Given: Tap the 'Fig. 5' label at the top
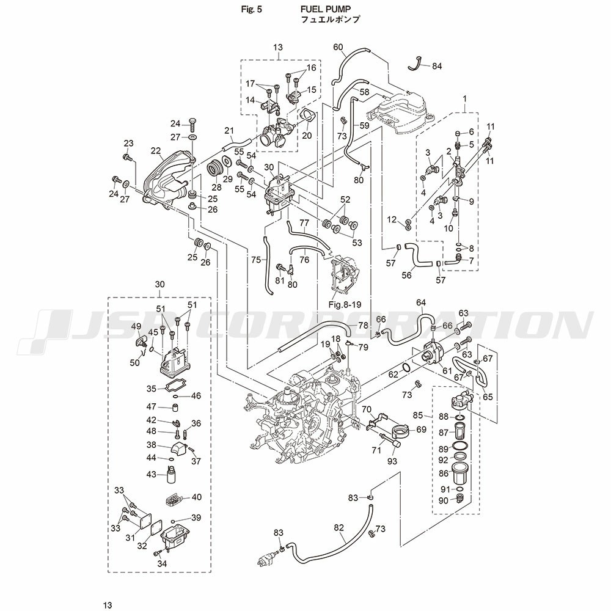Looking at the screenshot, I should click(252, 10).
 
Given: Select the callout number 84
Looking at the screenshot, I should click(437, 65).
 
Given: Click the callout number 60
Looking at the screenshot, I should click(338, 47).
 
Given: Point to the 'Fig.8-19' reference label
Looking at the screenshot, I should click(346, 304).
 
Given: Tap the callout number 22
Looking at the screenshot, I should click(156, 151).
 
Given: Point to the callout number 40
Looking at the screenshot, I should click(197, 497).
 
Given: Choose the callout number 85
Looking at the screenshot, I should click(418, 415).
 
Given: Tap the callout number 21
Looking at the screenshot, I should click(229, 130).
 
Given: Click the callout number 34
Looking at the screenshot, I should click(162, 564).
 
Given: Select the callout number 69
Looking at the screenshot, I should click(422, 430).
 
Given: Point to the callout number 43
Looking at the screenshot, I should click(150, 474).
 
